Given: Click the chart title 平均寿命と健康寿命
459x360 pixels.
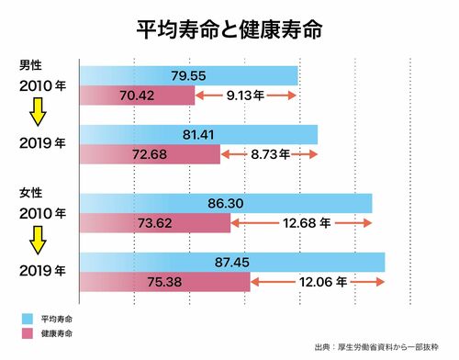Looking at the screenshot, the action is pyautogui.click(x=229, y=30).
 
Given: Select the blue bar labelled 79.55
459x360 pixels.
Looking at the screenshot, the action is pyautogui.click(x=189, y=75).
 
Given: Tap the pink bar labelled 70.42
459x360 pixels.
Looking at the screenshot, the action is pyautogui.click(x=138, y=96).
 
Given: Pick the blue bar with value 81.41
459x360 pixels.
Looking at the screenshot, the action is pyautogui.click(x=198, y=135).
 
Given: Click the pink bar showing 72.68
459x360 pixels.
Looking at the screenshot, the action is pyautogui.click(x=150, y=154).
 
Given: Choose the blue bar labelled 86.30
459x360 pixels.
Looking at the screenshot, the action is pyautogui.click(x=226, y=203).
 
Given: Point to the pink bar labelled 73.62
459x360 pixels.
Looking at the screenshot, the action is pyautogui.click(x=155, y=223).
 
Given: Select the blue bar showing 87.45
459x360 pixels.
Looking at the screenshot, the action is pyautogui.click(x=232, y=263).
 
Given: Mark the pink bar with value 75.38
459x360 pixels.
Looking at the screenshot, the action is pyautogui.click(x=165, y=282).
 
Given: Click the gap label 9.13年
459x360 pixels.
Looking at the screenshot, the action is pyautogui.click(x=245, y=96).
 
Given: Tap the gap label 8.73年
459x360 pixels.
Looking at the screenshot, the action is pyautogui.click(x=271, y=154).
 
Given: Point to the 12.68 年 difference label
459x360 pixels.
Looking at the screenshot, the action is pyautogui.click(x=307, y=223).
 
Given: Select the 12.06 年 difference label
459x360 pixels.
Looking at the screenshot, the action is pyautogui.click(x=323, y=282).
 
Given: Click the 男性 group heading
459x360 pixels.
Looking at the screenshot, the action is pyautogui.click(x=30, y=65).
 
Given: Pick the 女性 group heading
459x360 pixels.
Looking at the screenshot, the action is pyautogui.click(x=30, y=193).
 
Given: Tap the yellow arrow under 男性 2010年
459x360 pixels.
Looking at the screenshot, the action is pyautogui.click(x=38, y=112).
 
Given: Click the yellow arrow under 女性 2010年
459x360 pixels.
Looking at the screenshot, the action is pyautogui.click(x=38, y=241).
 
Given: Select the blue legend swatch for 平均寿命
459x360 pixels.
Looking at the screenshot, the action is pyautogui.click(x=28, y=319).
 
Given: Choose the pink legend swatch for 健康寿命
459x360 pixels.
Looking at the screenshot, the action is pyautogui.click(x=28, y=333).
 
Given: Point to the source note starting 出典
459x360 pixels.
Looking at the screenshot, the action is pyautogui.click(x=376, y=347).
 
